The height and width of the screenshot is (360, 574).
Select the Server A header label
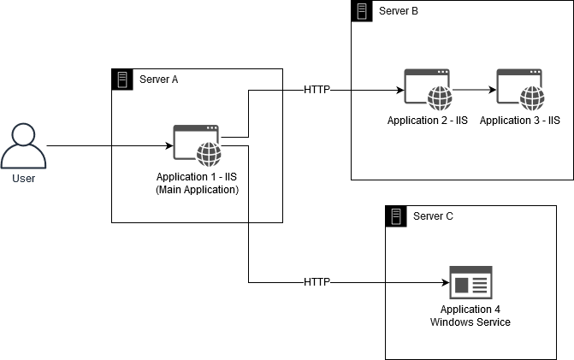coord(158,80)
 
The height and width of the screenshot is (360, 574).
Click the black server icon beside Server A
coord(123,80)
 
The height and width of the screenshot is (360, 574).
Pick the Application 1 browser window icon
coord(197,145)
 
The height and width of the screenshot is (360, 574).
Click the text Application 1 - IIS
coord(197,177)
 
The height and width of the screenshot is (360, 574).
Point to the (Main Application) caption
coord(197,190)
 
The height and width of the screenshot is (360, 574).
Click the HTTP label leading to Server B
coord(317,89)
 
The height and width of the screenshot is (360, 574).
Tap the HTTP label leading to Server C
coord(317,281)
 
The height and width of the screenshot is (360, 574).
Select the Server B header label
coord(399,11)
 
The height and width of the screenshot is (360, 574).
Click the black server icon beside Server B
coord(363,11)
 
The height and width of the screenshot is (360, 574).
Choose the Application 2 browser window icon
coord(427,89)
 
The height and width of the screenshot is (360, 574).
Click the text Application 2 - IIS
coord(427,121)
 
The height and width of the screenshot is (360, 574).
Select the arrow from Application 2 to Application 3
coord(475,89)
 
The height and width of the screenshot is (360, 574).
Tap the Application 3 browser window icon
coord(519,89)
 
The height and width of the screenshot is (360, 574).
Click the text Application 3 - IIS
coord(519,121)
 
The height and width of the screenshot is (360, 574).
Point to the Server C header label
coord(433,215)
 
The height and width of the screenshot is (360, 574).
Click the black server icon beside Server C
coord(397,215)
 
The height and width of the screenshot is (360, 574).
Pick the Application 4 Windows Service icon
coord(470,281)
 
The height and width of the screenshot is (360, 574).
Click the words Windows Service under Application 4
coord(470,322)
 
